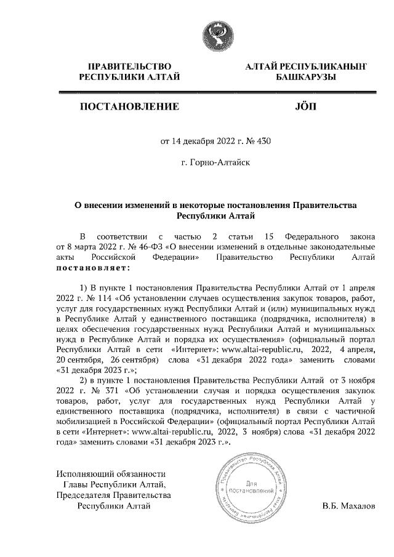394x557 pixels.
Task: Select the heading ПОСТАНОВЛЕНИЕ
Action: [x=129, y=106]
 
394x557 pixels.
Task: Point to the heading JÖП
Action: [x=305, y=106]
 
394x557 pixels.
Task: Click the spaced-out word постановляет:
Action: [x=93, y=268]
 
